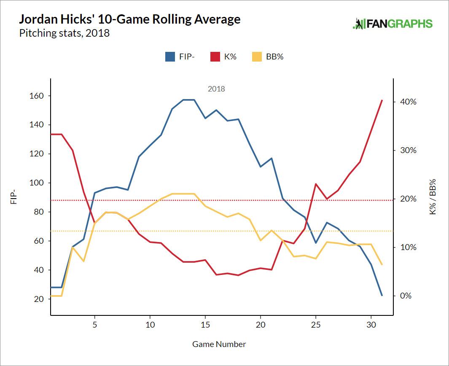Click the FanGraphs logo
pos(393,24)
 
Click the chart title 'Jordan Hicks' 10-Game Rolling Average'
pos(130,19)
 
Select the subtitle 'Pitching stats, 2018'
pos(65,33)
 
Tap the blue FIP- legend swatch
pos(170,57)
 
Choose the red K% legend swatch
pos(215,57)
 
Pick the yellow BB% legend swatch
pos(256,57)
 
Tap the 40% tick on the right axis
pos(407,102)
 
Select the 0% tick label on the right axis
pos(405,296)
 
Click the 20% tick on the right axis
pos(407,199)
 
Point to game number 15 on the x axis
pos(205,325)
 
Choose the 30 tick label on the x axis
pos(371,325)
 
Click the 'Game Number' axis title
pos(219,344)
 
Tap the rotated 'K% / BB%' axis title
pos(433,196)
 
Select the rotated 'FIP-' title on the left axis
pos(14,196)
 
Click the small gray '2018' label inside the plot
pos(216,89)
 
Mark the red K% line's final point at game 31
pos(382,100)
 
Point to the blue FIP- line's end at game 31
pos(382,295)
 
